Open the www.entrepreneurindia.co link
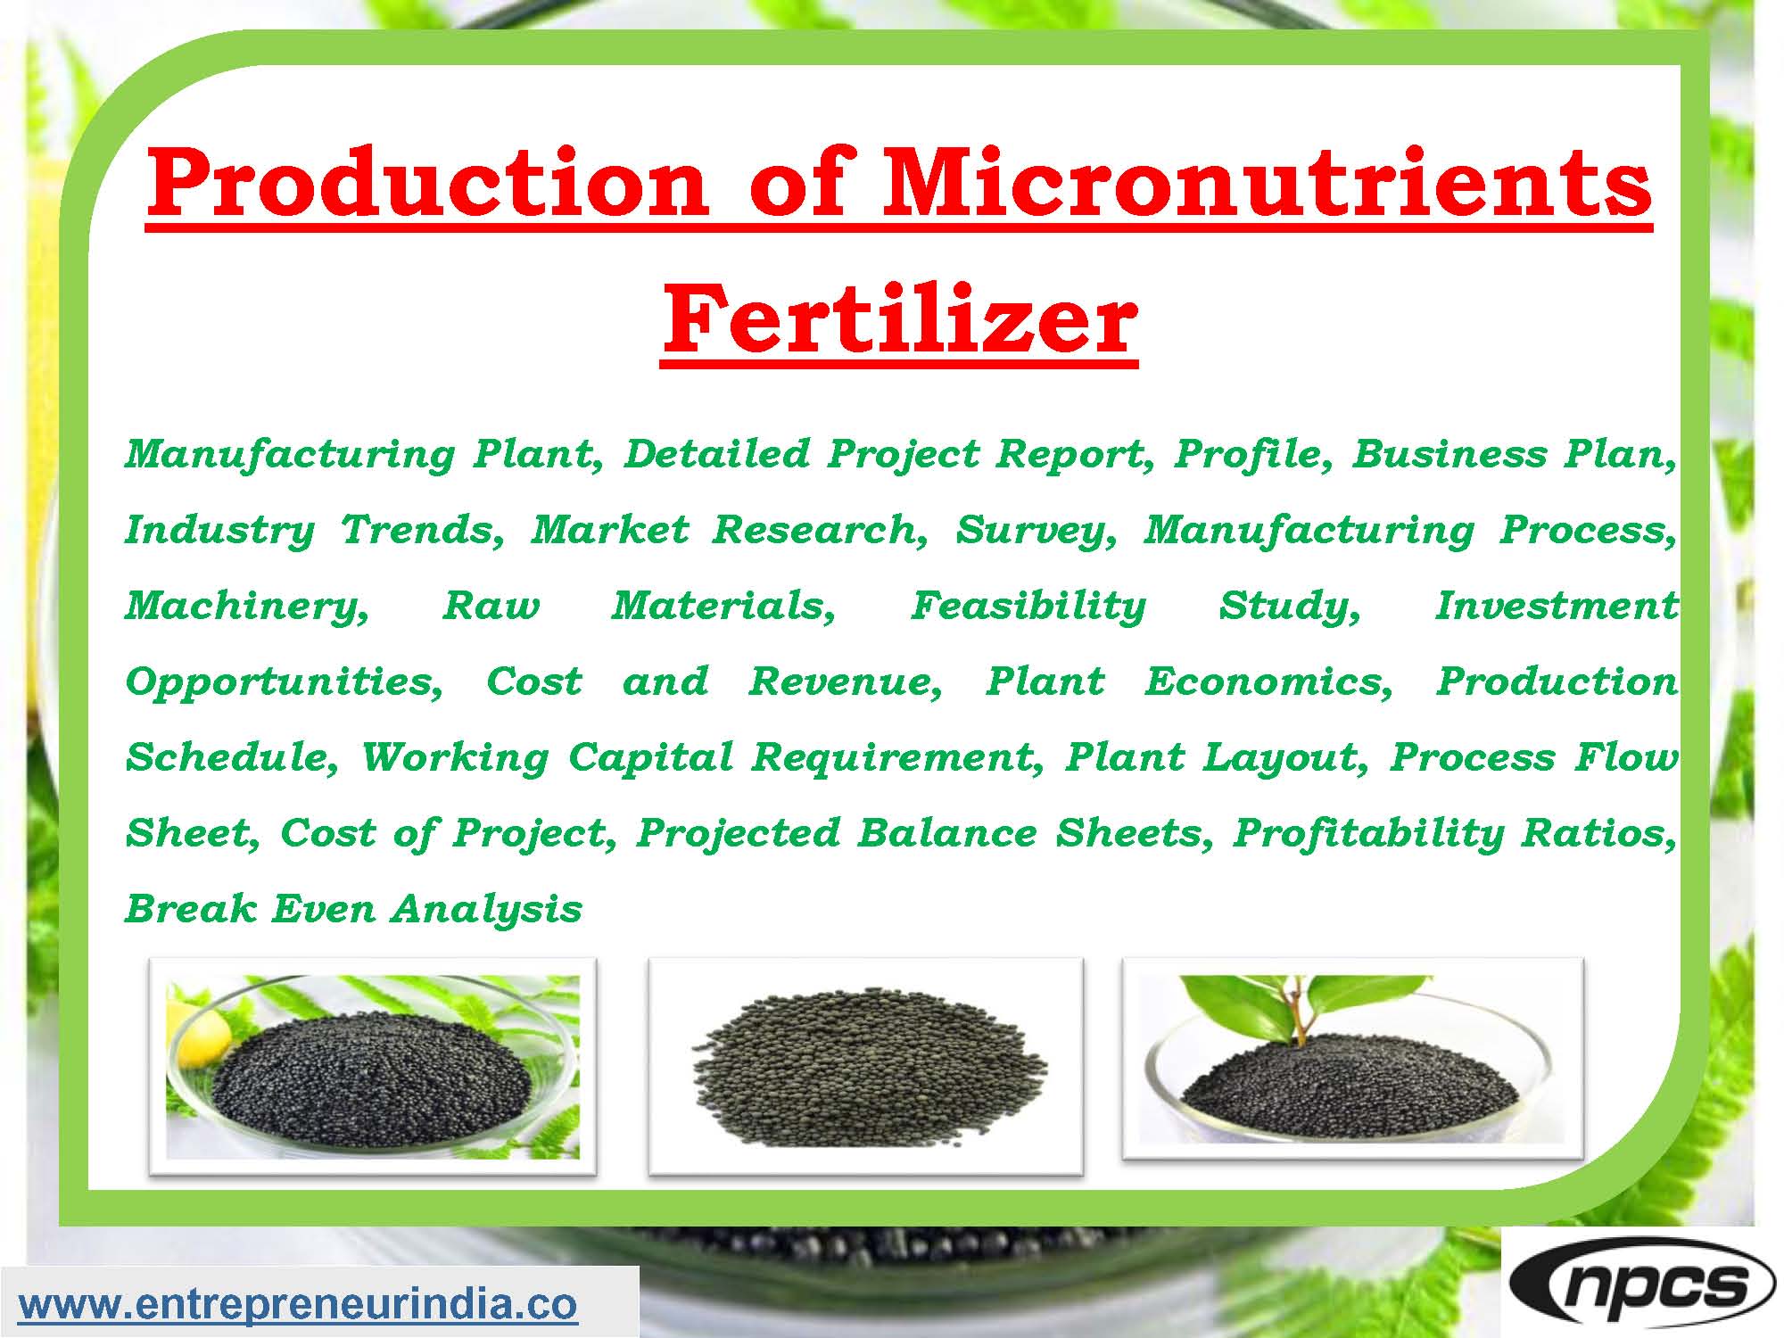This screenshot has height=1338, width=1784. [x=299, y=1304]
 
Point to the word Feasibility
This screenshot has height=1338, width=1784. [x=1028, y=606]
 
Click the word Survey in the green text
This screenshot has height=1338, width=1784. [x=1035, y=530]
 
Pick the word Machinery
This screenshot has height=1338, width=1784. [x=246, y=607]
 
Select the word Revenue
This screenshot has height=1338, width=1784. [x=844, y=681]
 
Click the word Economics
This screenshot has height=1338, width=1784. [x=1268, y=681]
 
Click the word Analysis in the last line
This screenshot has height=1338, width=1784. [x=487, y=910]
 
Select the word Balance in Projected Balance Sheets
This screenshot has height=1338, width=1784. [x=947, y=833]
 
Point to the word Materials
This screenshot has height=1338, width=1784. [x=723, y=606]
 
